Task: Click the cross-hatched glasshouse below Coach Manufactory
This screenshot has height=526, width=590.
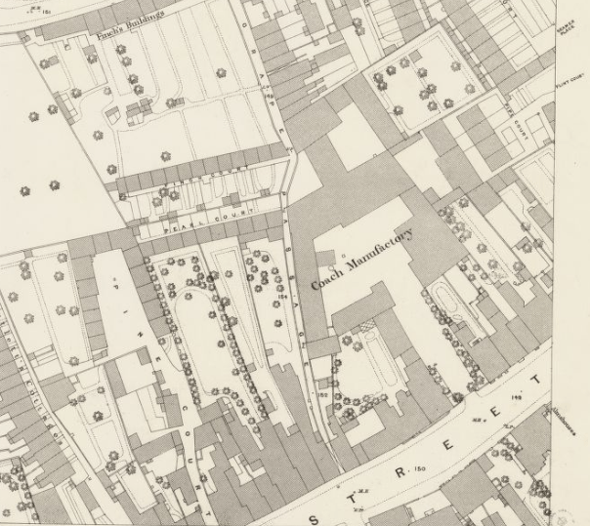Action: pos(368,326)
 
